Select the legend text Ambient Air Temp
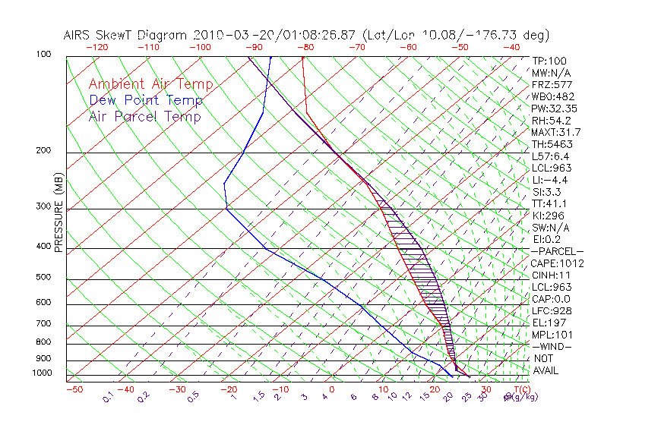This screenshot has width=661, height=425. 150,85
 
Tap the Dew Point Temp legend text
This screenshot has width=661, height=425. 146,101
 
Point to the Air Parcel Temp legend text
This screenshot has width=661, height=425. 144,117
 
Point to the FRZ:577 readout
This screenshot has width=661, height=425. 551,84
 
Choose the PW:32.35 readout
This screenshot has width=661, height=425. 554,109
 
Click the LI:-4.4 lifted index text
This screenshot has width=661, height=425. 549,180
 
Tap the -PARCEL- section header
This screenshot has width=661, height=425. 557,251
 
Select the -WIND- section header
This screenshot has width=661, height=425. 552,346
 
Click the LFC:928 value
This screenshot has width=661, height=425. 551,310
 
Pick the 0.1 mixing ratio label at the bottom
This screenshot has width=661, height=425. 108,396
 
